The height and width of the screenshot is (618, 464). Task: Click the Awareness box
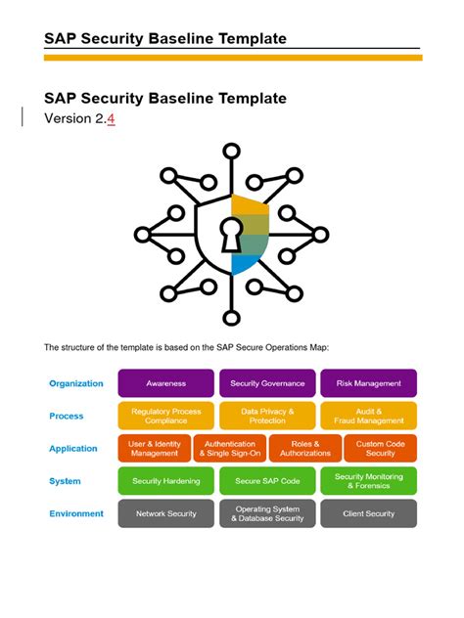click(x=166, y=383)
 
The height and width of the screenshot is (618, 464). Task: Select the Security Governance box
click(x=267, y=383)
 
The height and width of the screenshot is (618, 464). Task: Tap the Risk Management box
click(x=368, y=383)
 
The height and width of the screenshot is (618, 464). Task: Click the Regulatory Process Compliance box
click(x=166, y=416)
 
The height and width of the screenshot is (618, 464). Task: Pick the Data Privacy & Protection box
click(x=267, y=416)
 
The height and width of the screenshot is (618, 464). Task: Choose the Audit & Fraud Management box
click(x=368, y=416)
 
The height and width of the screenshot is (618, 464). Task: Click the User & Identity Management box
click(x=154, y=449)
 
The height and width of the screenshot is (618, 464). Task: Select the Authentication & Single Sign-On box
click(x=229, y=449)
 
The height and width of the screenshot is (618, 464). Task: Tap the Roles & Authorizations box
click(x=304, y=449)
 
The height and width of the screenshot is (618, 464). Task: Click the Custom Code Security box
click(x=380, y=449)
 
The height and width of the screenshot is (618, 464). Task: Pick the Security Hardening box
click(x=166, y=481)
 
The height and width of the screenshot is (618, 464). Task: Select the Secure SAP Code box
click(x=267, y=481)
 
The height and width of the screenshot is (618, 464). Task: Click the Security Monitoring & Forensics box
click(x=368, y=481)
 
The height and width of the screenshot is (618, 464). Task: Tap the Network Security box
click(x=166, y=513)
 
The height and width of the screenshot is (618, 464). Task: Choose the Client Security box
click(x=368, y=513)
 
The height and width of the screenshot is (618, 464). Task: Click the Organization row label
click(x=76, y=383)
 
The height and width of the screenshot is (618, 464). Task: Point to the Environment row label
click(x=76, y=513)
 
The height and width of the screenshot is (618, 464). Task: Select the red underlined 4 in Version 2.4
click(x=111, y=119)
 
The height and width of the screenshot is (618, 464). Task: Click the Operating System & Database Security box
click(x=267, y=513)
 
